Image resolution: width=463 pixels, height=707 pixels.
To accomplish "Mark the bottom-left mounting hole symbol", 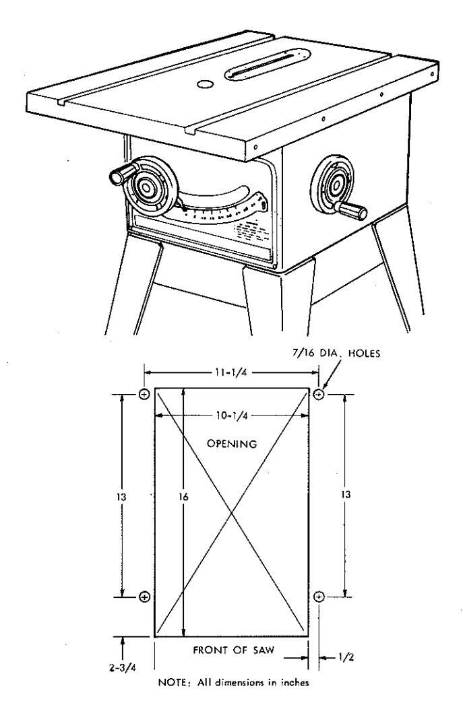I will pyautogui.click(x=144, y=597).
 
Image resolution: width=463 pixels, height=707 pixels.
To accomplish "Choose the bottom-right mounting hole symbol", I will pyautogui.click(x=319, y=597).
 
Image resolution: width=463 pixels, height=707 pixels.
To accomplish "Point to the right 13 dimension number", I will pyautogui.click(x=346, y=494).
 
